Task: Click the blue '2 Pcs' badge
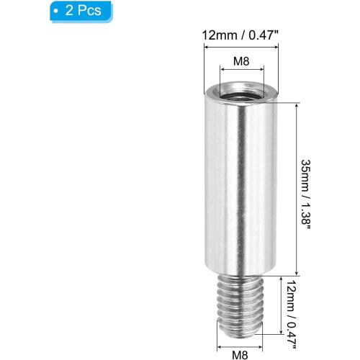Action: point(81,12)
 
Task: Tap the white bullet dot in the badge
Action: point(56,12)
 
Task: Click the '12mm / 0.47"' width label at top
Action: point(240,35)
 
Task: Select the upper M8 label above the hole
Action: point(241,61)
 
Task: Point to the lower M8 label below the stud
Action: point(240,354)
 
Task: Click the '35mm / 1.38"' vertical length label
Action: point(306,194)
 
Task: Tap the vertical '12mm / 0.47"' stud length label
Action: point(292,315)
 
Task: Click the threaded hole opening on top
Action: point(241,96)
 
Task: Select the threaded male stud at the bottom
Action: point(240,307)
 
